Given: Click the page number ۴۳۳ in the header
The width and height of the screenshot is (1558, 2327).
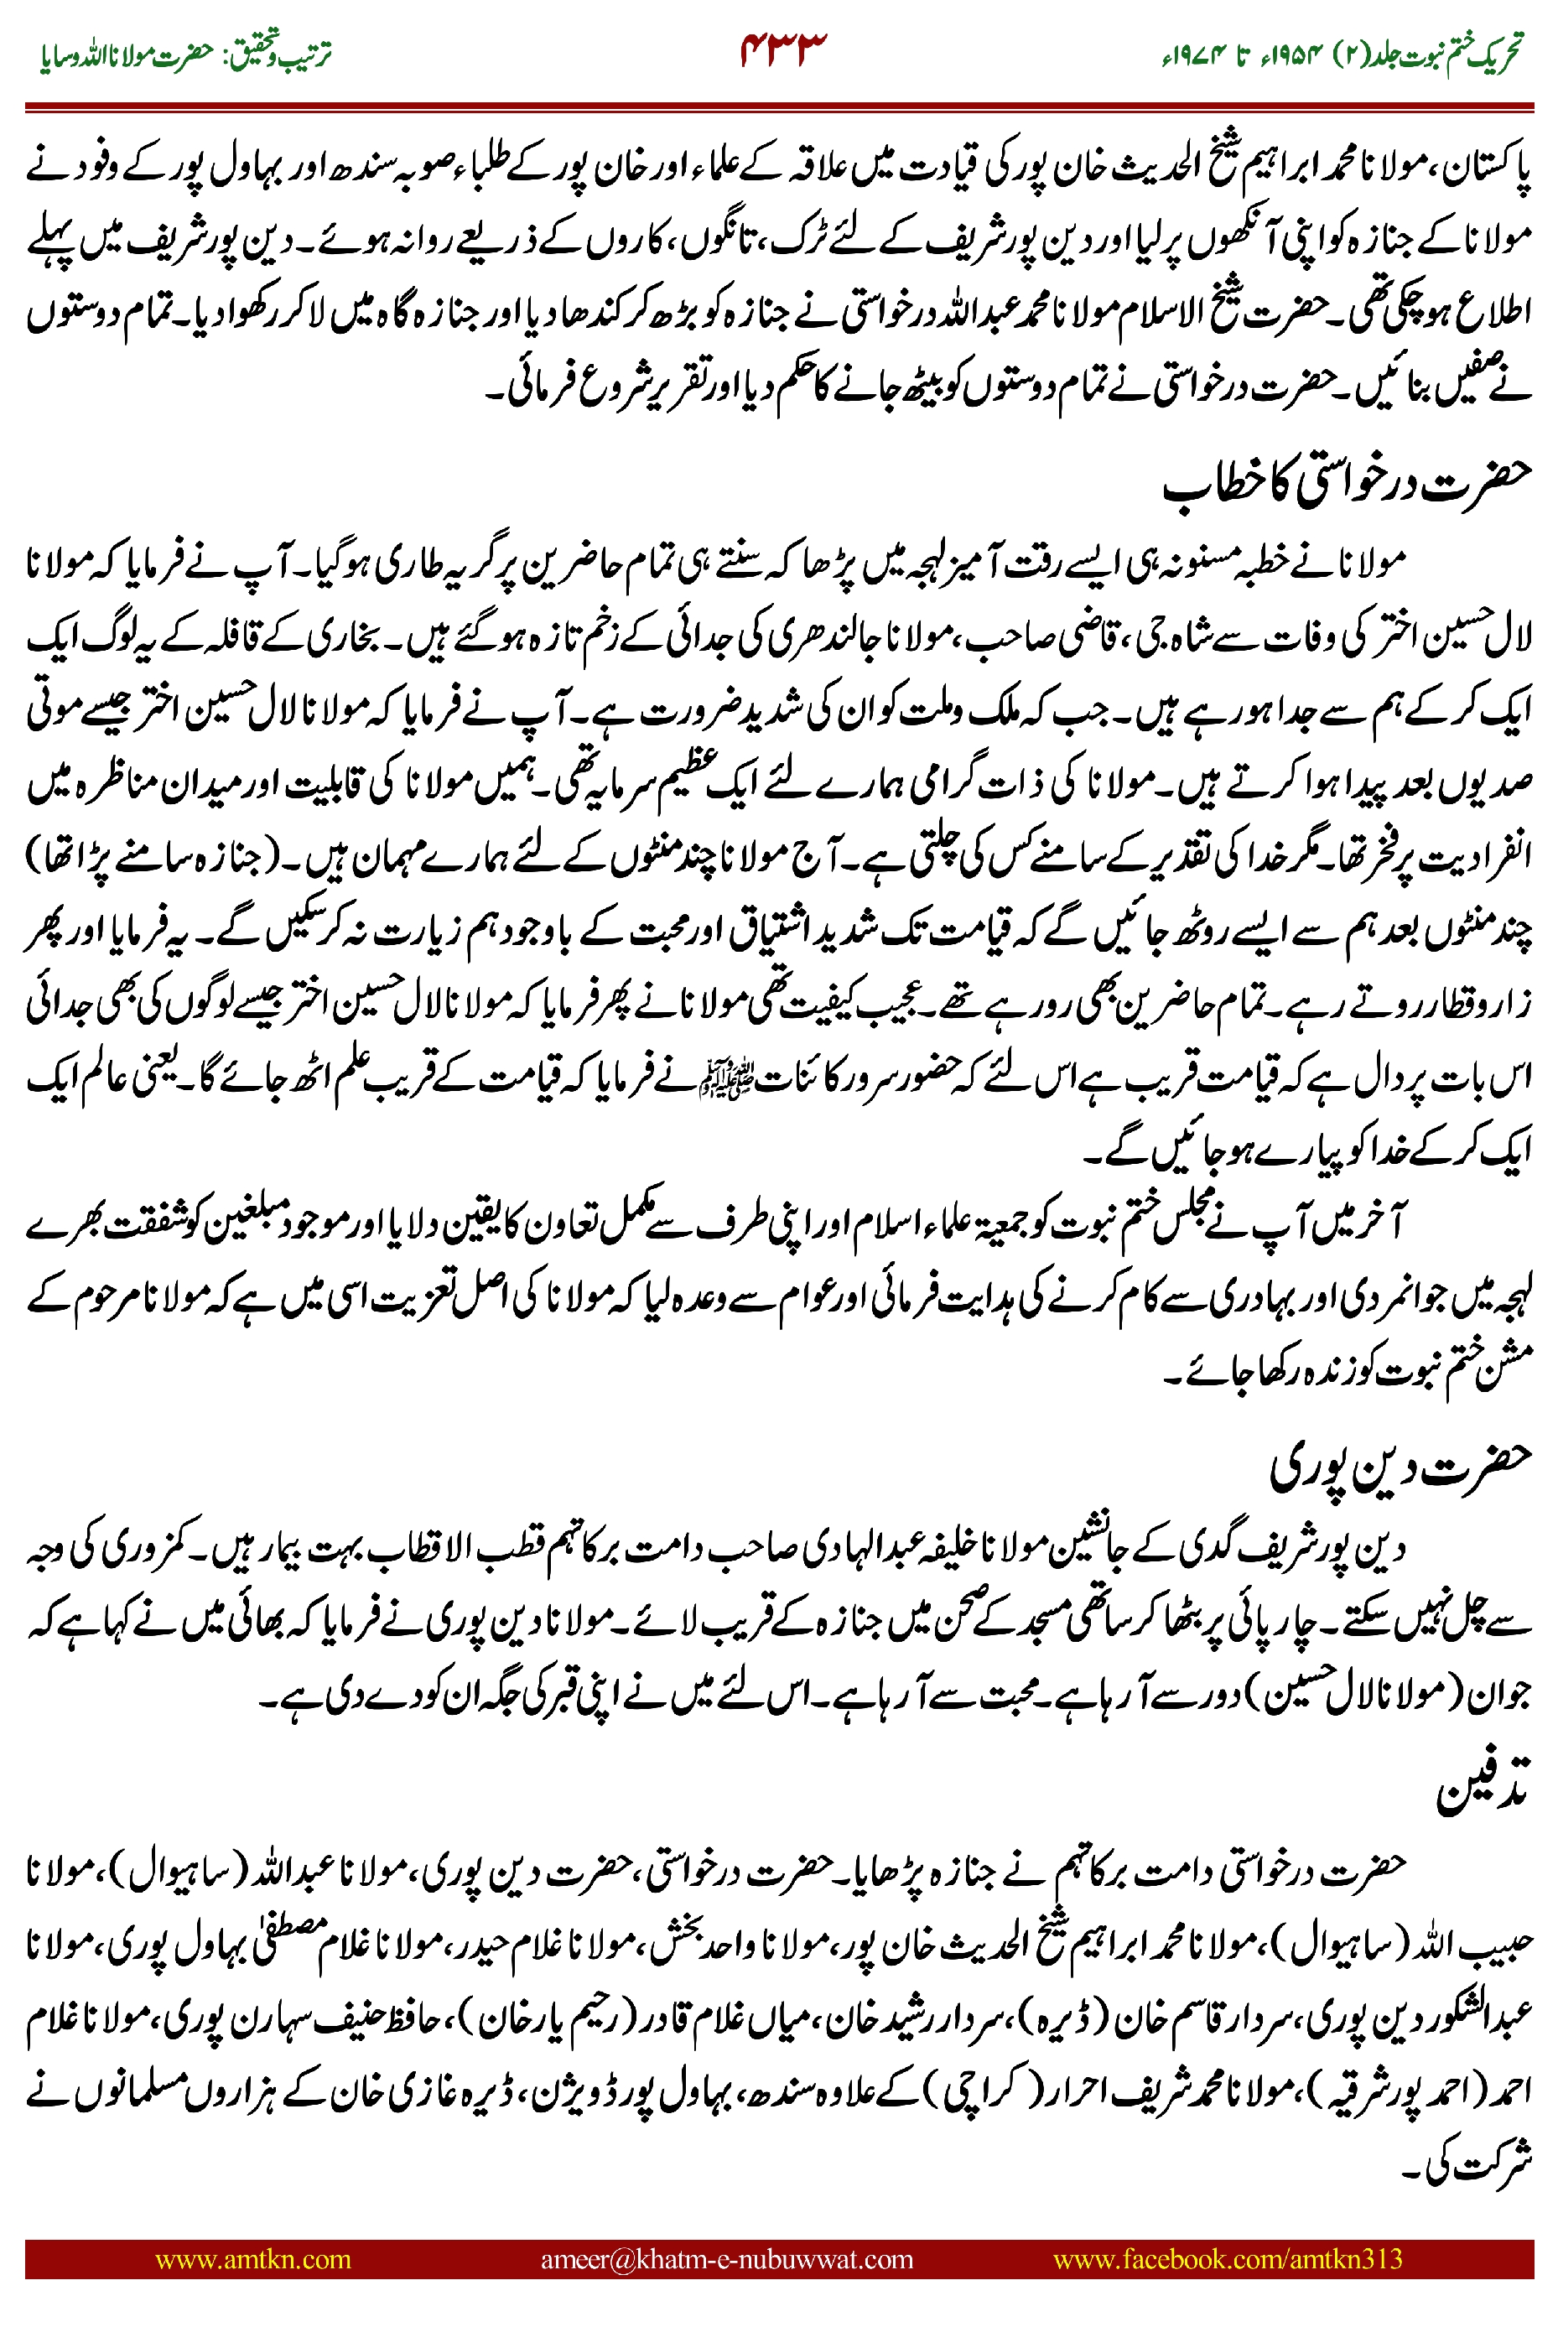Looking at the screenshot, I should (783, 49).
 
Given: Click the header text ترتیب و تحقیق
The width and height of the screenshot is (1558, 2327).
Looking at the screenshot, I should (278, 54).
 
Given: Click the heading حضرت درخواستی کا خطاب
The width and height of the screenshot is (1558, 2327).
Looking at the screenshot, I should (1348, 484).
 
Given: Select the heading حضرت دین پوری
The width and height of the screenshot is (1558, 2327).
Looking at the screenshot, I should (1401, 1467).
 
